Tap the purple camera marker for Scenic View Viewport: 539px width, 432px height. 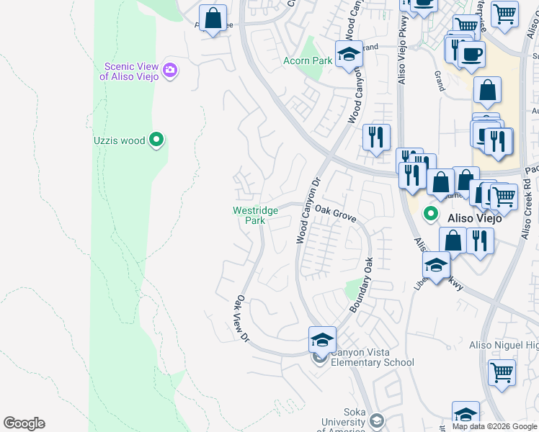(x=171, y=70)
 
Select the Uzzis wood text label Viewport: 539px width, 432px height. (x=119, y=140)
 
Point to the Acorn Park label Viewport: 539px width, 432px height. (x=308, y=61)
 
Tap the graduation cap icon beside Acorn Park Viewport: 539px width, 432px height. (x=349, y=55)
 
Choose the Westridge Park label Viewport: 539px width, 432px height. (x=255, y=216)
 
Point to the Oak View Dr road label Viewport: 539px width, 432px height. (x=241, y=318)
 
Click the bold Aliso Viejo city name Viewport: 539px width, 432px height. (x=474, y=217)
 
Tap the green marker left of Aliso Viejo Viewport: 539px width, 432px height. (x=431, y=213)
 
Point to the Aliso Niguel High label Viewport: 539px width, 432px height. (x=503, y=346)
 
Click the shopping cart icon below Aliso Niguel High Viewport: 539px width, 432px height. (x=502, y=372)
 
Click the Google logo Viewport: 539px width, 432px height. (x=24, y=423)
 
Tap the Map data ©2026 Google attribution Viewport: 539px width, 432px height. (x=494, y=426)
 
